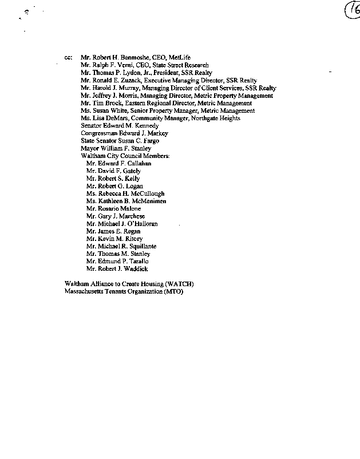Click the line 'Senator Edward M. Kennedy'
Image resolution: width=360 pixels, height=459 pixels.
click(120, 125)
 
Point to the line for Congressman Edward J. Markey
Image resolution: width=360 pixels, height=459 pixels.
click(124, 133)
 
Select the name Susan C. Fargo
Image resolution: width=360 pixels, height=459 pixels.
click(135, 141)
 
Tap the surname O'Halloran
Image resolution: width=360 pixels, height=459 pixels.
click(143, 224)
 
